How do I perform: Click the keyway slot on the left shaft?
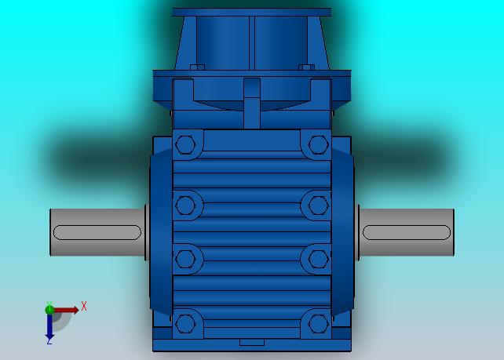(97, 232)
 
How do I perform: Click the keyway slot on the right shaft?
(407, 232)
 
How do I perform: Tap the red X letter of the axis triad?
(84, 306)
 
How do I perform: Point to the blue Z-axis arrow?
(49, 325)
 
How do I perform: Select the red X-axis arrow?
(66, 310)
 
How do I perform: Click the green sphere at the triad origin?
(49, 310)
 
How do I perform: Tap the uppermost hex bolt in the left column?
(185, 145)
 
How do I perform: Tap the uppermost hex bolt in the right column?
(318, 145)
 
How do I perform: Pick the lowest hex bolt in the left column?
(185, 324)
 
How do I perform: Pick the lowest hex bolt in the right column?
(318, 324)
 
